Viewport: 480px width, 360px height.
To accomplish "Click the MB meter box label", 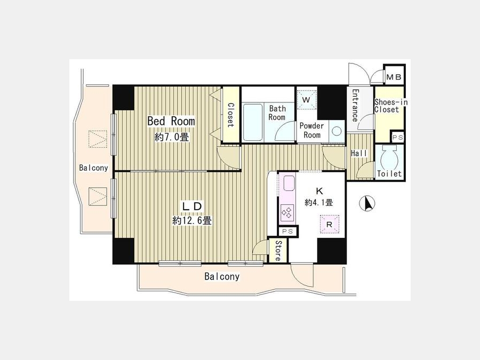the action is click(x=394, y=77).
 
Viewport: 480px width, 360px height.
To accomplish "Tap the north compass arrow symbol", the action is click(x=367, y=204).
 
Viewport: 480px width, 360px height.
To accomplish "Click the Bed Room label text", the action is click(x=171, y=121).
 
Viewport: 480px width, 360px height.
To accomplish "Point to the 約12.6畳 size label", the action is click(x=191, y=220).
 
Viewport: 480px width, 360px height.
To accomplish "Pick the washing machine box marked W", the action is click(x=307, y=100).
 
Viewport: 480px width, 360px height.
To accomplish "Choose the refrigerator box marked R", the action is click(x=330, y=225).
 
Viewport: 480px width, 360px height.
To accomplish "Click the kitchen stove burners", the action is click(x=287, y=212).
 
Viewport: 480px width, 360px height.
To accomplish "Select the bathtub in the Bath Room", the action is click(x=253, y=122).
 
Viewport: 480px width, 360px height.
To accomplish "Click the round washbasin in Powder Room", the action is click(x=337, y=131).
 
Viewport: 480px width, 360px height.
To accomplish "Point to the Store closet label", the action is click(x=278, y=251).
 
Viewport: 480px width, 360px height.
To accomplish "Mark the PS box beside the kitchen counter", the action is click(x=287, y=231).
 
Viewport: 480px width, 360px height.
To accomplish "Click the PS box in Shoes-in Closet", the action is click(x=398, y=138).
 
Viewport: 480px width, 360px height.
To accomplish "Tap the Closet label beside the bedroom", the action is click(x=230, y=115).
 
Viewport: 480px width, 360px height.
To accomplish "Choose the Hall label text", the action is click(x=359, y=154).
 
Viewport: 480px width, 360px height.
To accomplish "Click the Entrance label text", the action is click(x=355, y=105).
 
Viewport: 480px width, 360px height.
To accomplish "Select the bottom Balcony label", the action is click(x=222, y=277).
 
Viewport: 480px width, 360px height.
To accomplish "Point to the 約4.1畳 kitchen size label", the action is click(x=319, y=202).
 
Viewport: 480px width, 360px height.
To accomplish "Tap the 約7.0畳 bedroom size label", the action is click(x=172, y=137).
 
